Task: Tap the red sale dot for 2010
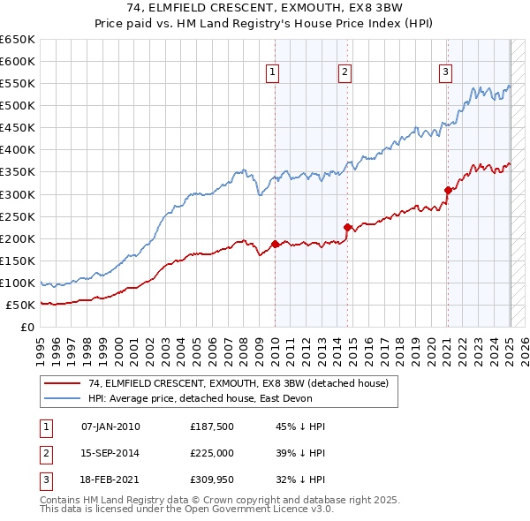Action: [x=275, y=244]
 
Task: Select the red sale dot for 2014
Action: [x=347, y=227]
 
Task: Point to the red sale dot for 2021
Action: [x=448, y=189]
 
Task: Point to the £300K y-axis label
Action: [x=18, y=194]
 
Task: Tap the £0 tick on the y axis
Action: [x=27, y=328]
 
